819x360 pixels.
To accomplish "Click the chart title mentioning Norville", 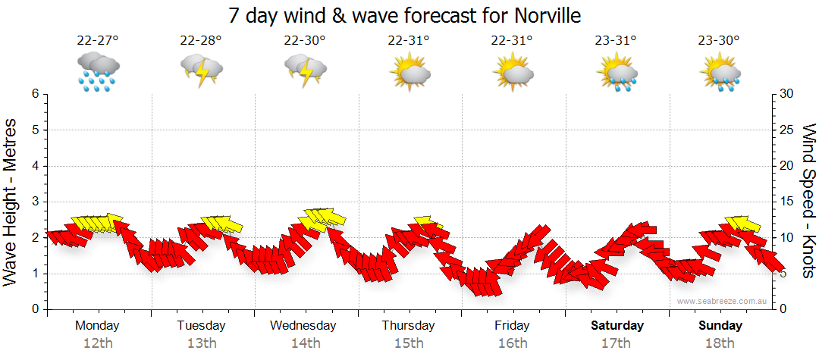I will (x=409, y=15).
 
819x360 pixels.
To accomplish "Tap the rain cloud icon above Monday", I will (x=98, y=72).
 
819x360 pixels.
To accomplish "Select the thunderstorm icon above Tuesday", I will (x=202, y=72).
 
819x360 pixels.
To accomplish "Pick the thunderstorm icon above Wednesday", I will (x=306, y=72).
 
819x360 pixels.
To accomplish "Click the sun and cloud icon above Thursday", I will (x=409, y=72).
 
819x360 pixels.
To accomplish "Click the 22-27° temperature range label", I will (x=97, y=41).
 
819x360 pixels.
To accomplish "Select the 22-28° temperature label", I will (x=201, y=41).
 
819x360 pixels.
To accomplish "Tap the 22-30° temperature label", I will (x=305, y=41).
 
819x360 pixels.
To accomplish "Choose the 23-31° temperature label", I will (x=617, y=41).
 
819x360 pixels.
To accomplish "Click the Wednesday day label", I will (x=303, y=326).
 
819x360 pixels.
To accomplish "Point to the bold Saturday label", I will (x=617, y=326).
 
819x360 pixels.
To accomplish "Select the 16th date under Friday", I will (x=513, y=343).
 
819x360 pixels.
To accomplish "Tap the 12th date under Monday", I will (x=97, y=343).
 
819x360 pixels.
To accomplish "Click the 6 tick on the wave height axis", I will (x=35, y=94).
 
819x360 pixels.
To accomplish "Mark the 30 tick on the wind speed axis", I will (x=787, y=94).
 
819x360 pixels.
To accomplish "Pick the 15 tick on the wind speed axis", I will (x=787, y=202).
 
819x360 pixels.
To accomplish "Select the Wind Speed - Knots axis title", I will (x=808, y=202).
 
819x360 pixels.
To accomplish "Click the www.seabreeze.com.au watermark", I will (x=723, y=302).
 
